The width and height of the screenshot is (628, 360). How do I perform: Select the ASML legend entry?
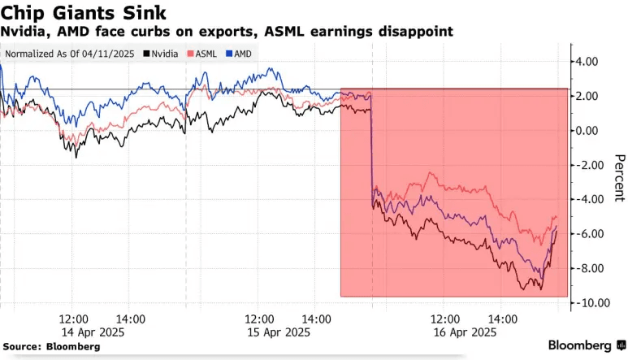(x=202, y=54)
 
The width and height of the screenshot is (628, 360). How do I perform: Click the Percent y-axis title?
(x=618, y=177)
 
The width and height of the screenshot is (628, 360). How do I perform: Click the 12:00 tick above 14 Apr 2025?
(x=73, y=319)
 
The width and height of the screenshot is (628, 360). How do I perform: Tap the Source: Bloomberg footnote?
(x=50, y=346)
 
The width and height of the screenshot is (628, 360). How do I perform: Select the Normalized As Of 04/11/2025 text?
(x=71, y=54)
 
